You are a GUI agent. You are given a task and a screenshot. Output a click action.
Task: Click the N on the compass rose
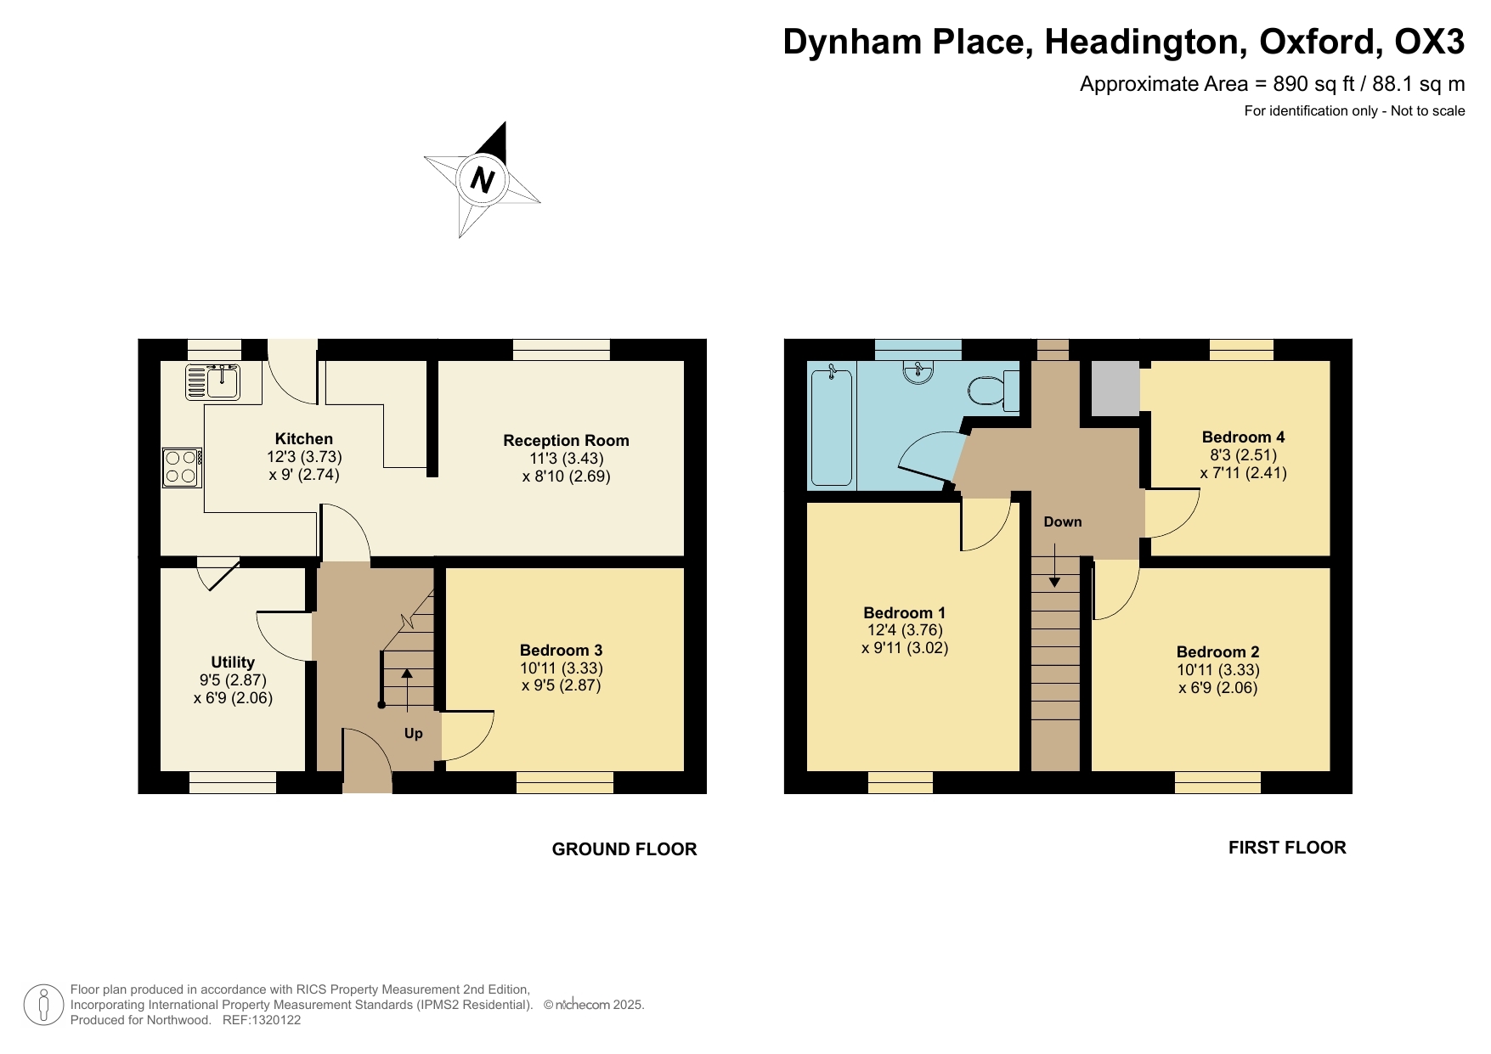482,179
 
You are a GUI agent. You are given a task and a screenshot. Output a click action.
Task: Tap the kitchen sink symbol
213,382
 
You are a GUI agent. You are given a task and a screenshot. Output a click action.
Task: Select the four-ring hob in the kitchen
182,467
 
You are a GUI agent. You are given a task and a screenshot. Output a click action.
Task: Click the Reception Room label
566,440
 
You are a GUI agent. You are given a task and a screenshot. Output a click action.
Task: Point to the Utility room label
233,662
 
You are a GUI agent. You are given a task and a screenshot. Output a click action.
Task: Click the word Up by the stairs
413,733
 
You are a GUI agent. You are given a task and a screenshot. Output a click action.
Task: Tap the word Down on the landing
1062,521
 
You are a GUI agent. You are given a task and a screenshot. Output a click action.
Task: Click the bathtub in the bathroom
831,426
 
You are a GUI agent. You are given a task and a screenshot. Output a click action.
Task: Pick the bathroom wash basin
918,372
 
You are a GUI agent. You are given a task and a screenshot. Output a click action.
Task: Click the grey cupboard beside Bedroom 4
1115,388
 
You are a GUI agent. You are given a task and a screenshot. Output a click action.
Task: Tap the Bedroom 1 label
904,612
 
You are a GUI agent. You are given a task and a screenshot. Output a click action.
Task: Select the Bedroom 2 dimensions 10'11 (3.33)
1217,670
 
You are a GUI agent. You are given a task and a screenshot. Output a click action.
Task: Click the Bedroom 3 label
561,650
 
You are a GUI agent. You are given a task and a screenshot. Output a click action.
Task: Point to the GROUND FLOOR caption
624,848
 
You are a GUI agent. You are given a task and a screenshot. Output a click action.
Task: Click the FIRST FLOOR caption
1286,847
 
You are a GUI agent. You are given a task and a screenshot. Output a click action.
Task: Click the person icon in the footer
43,1005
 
